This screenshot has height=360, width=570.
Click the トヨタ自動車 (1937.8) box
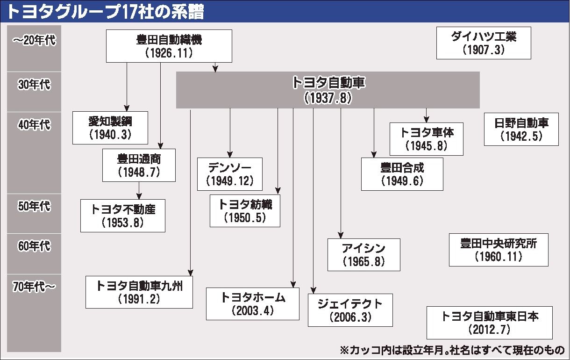tap(328, 90)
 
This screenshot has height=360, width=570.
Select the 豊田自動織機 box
tap(169, 46)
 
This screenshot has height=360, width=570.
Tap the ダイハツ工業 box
tap(484, 43)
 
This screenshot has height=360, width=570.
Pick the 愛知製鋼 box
tap(110, 128)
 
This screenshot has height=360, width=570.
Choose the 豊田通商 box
tap(139, 165)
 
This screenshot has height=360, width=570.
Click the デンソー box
tap(229, 174)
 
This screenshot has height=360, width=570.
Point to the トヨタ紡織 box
tap(245, 210)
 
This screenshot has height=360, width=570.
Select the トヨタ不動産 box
tap(123, 216)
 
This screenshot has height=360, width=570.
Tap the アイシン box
tap(363, 254)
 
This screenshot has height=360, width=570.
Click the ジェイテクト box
tap(350, 310)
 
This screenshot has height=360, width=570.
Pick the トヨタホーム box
tap(253, 303)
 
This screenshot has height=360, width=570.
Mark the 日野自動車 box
tap(521, 129)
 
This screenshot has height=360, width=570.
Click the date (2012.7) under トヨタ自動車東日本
tap(490, 330)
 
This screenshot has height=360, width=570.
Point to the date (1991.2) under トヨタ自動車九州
tap(139, 299)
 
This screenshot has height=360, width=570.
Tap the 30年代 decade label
tap(34, 85)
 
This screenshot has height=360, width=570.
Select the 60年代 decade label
tap(34, 246)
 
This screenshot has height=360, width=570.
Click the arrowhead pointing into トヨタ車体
tap(427, 119)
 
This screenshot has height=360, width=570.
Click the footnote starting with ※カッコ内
tap(452, 349)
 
